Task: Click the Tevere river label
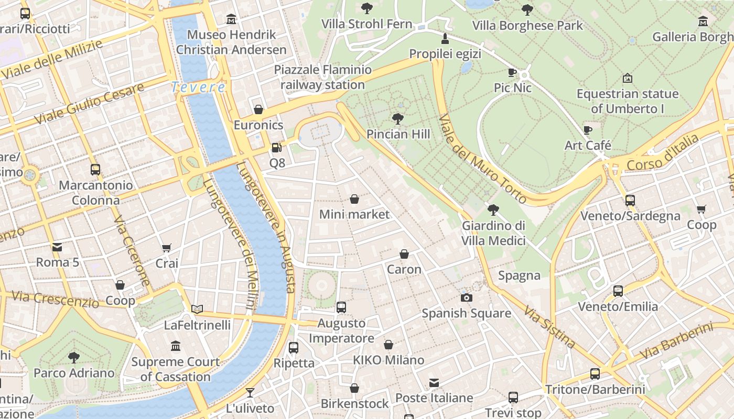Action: (198, 87)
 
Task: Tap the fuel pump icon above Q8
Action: (276, 148)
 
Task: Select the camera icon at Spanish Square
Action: (466, 298)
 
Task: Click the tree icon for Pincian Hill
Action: (398, 119)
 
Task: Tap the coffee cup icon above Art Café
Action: (588, 130)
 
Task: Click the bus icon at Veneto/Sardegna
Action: (630, 200)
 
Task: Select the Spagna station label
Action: (519, 275)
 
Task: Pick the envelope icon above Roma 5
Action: (57, 247)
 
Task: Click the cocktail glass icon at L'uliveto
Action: (250, 392)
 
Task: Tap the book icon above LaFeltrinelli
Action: (197, 310)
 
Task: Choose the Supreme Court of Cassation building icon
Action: (176, 346)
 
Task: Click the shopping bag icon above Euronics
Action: (258, 109)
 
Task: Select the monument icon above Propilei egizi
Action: (445, 38)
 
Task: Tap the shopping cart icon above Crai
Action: (167, 248)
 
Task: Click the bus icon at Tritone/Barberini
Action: (595, 373)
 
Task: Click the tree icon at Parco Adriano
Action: (74, 358)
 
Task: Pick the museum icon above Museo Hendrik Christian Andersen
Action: (231, 19)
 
